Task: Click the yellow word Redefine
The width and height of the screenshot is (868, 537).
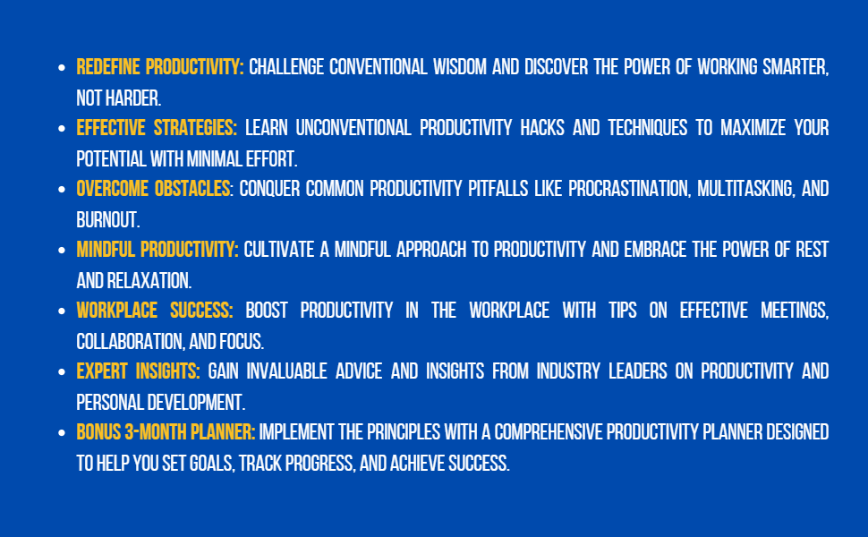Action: coord(109,67)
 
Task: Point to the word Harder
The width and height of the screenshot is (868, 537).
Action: coord(135,98)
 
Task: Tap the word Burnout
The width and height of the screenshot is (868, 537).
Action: coord(108,219)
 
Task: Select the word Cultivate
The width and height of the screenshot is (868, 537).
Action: coord(279,250)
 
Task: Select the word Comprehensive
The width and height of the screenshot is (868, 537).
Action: coord(550,432)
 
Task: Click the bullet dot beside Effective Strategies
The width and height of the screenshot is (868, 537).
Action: coord(62,129)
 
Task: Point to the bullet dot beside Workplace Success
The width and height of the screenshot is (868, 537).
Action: coord(62,311)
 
